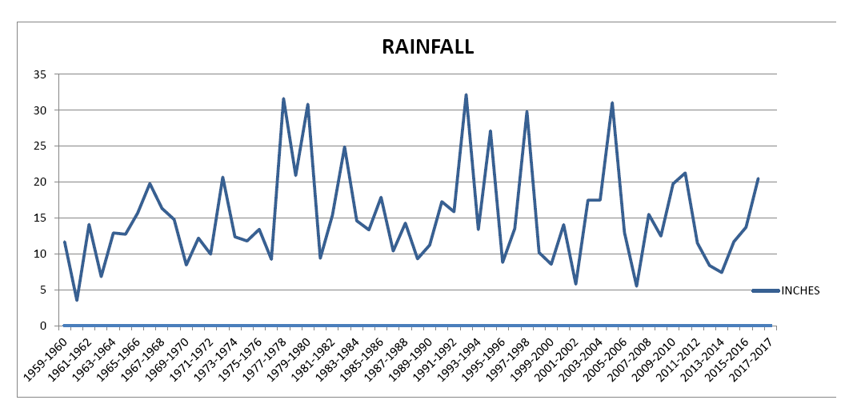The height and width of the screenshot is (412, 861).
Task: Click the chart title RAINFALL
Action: point(427,46)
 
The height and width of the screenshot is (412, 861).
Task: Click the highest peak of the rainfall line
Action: point(466,95)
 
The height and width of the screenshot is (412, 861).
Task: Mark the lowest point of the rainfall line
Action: point(77,300)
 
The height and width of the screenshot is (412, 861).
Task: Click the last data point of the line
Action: point(758,179)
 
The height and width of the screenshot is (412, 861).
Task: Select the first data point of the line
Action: point(65,242)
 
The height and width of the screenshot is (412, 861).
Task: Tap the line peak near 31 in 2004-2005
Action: point(612,103)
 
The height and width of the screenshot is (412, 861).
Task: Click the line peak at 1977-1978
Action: point(283,99)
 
